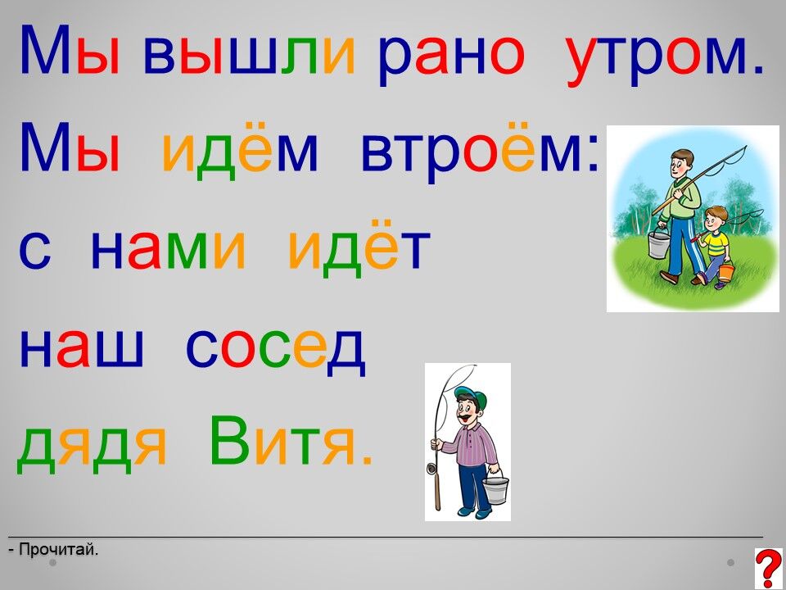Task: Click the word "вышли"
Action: coord(249,55)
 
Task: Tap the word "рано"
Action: coord(451,60)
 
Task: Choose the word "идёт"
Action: coord(359,247)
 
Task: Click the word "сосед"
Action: coord(276,348)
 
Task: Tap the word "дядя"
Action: coord(91,447)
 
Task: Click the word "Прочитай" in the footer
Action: coord(57,550)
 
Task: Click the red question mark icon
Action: coord(769,569)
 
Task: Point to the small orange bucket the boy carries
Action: coord(726,271)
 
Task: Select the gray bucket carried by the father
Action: coord(658,244)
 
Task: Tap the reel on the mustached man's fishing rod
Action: coord(431,469)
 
